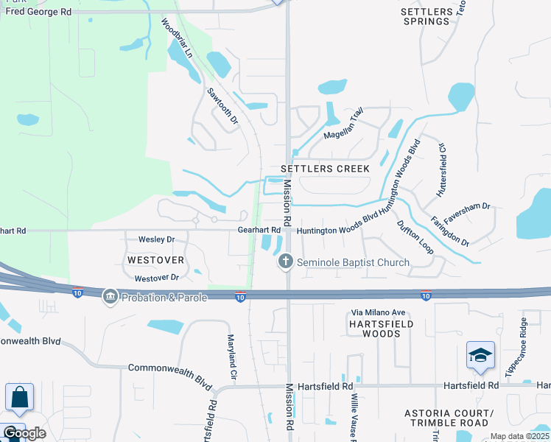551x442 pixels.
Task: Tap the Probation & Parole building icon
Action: click(x=110, y=296)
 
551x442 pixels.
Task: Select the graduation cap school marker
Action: click(x=480, y=356)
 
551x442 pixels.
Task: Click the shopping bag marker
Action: click(x=19, y=398)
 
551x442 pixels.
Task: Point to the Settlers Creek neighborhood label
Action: click(x=325, y=169)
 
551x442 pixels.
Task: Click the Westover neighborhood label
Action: click(x=155, y=260)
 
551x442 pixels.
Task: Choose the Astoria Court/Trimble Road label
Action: click(x=446, y=418)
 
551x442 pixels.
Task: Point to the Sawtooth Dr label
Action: click(x=222, y=106)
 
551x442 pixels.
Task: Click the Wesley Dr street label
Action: click(x=156, y=239)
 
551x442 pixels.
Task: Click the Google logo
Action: click(x=24, y=433)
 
